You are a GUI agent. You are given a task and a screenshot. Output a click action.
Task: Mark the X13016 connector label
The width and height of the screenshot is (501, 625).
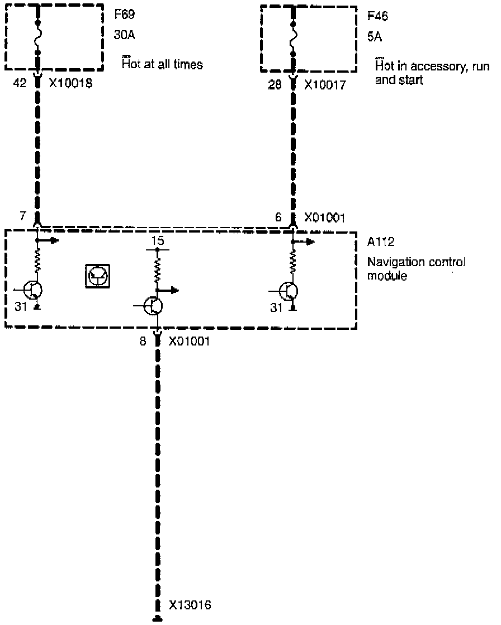point(190,604)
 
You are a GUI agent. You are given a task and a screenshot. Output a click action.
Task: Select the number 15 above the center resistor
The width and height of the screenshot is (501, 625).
point(158,241)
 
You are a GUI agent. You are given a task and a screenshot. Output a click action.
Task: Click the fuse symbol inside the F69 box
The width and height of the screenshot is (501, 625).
point(38,38)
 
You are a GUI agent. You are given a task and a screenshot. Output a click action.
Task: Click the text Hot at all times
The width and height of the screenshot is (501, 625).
point(163,64)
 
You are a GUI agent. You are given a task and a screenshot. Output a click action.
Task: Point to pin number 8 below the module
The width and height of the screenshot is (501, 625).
point(144,341)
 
